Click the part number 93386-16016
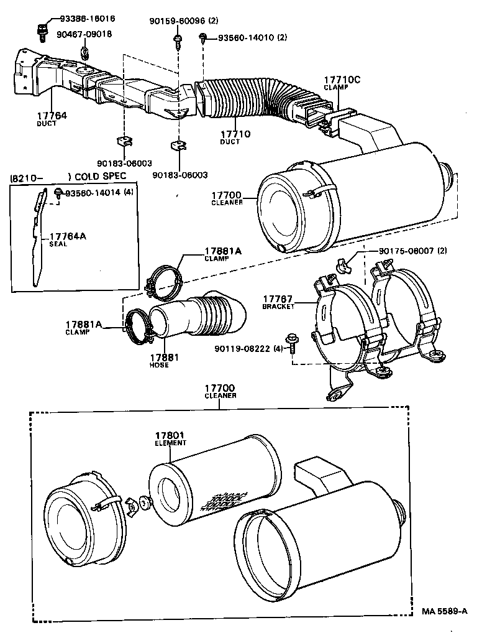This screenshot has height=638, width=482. [x=87, y=19]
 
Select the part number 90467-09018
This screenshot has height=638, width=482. [x=84, y=34]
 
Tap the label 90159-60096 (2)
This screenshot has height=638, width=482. [x=183, y=21]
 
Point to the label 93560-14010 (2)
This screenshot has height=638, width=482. [x=252, y=38]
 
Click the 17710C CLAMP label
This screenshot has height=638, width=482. [x=342, y=83]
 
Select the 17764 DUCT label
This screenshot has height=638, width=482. [x=51, y=119]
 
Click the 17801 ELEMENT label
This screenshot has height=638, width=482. [x=170, y=439]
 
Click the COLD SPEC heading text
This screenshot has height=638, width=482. [x=99, y=176]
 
